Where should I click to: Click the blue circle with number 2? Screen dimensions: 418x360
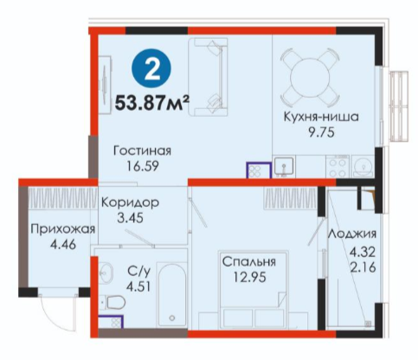click(151, 68)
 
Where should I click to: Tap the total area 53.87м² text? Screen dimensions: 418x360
click(152, 103)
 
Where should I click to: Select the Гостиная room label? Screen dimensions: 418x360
click(142, 151)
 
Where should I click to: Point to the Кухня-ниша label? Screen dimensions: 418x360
click(321, 117)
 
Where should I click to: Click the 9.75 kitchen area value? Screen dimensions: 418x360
click(321, 132)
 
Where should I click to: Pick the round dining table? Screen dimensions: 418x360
click(310, 77)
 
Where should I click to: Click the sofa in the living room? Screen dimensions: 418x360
click(208, 77)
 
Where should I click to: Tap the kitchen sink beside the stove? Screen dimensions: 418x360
click(284, 165)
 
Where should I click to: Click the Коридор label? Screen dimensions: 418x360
click(130, 202)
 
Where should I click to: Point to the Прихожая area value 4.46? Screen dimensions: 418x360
click(63, 245)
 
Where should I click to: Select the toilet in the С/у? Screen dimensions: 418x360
click(114, 303)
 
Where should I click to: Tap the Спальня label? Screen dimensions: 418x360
click(249, 261)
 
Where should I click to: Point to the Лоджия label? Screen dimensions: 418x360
click(352, 234)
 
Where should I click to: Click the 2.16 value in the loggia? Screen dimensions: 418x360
click(363, 267)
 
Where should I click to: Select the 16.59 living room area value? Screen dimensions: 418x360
click(143, 166)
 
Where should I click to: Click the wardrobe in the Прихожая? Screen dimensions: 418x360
click(63, 198)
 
